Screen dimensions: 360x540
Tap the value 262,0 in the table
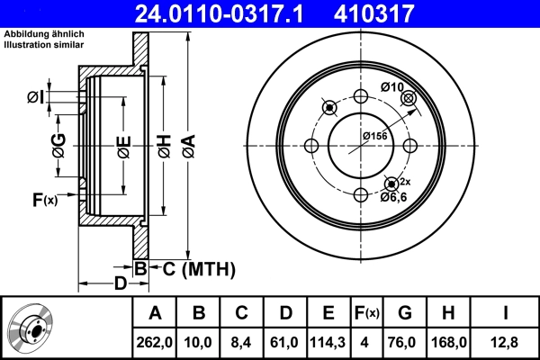tap(155, 342)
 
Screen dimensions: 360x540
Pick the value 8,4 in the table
tap(241, 342)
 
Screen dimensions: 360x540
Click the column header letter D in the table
tap(285, 313)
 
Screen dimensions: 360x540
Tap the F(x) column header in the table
tap(367, 313)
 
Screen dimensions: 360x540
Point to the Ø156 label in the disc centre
tap(374, 135)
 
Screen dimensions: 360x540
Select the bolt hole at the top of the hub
tap(361, 98)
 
